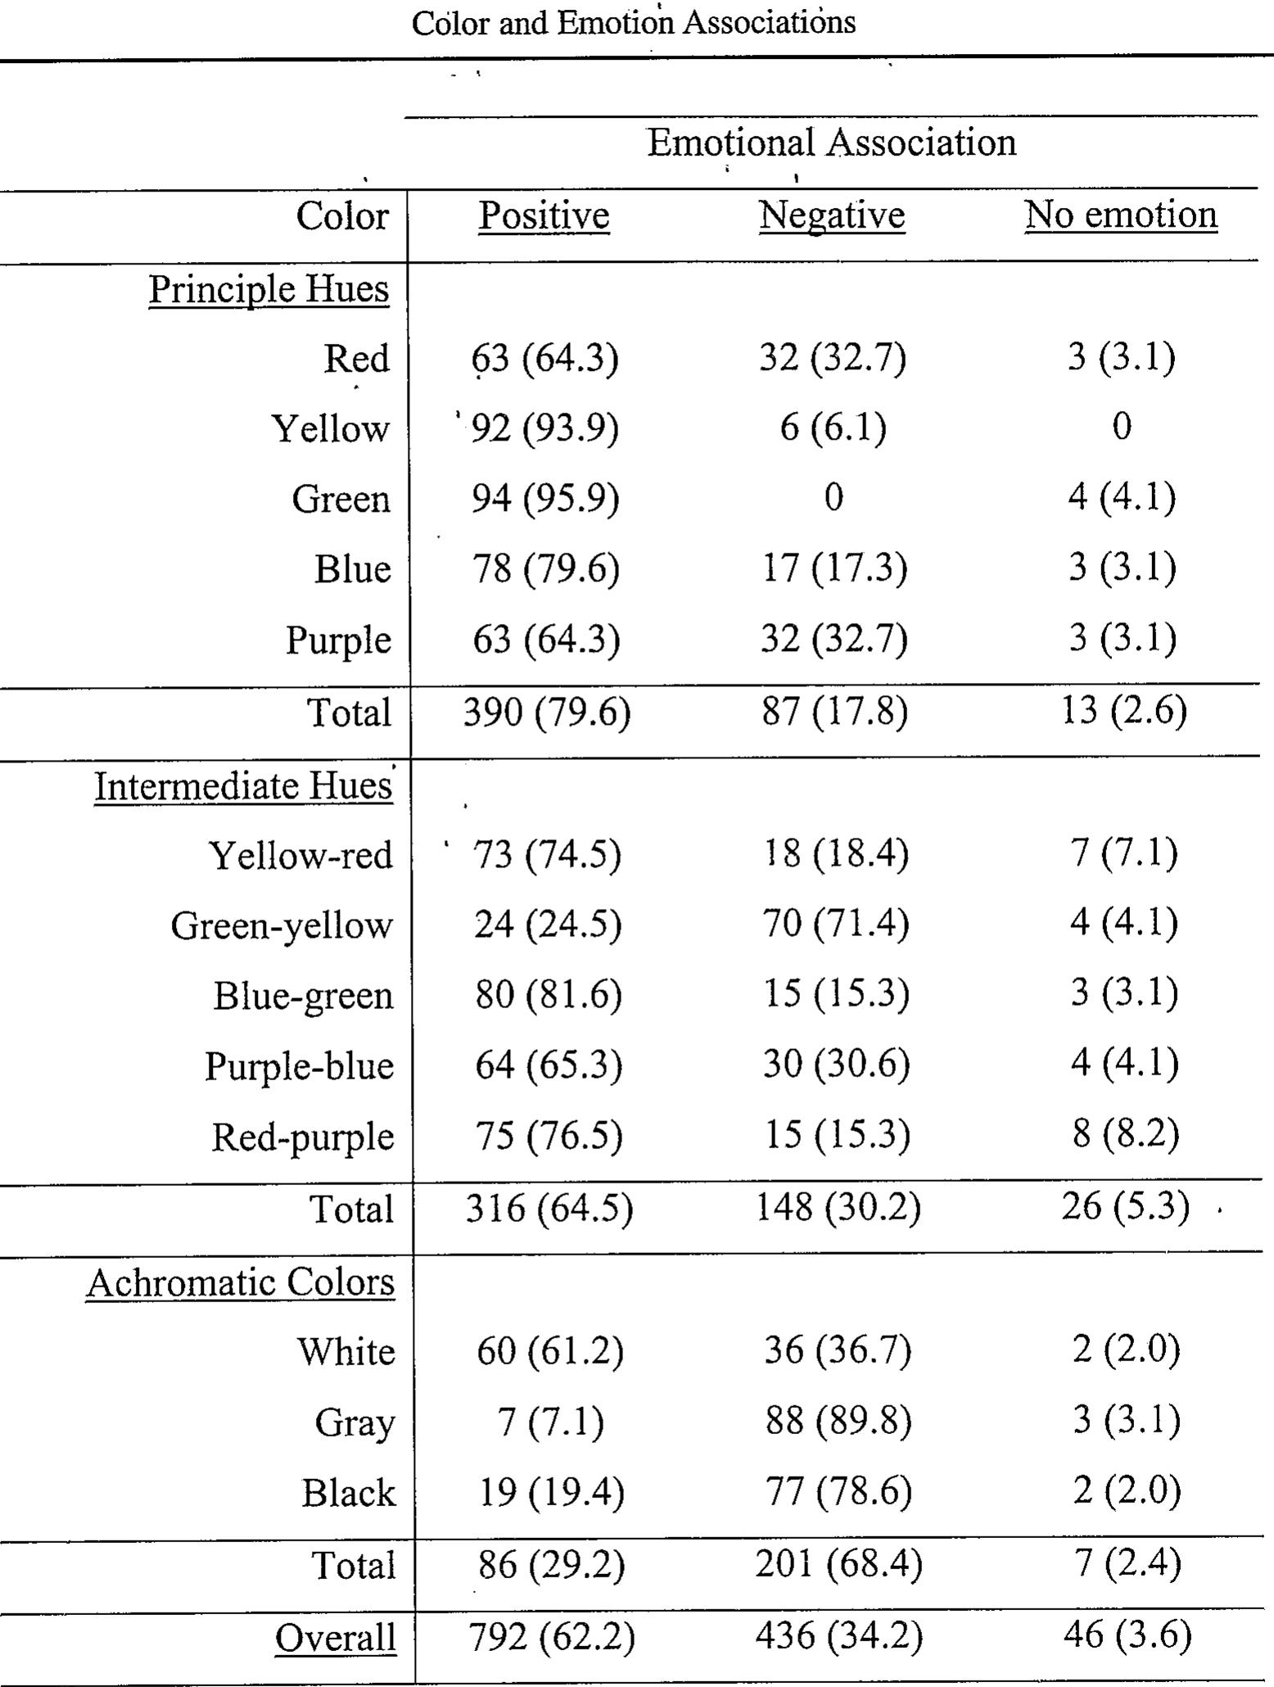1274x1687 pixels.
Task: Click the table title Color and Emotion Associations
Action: coord(634,22)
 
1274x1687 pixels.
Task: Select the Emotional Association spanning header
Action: coord(832,142)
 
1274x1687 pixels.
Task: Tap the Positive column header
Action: coord(544,215)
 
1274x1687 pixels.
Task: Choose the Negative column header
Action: coord(832,215)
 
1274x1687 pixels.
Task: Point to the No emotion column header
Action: coord(1121,215)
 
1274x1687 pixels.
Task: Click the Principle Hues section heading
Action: coord(269,288)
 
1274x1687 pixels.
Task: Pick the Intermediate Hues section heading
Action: coord(243,785)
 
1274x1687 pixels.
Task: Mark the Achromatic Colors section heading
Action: coord(240,1282)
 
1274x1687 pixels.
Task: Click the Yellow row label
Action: coord(330,428)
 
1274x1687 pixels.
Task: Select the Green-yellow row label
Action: coord(282,925)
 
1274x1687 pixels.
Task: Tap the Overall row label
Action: coord(336,1638)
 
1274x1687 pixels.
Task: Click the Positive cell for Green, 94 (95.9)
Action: coord(545,498)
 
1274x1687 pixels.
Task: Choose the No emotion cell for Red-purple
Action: coord(1125,1134)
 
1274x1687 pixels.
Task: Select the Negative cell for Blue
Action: coord(834,568)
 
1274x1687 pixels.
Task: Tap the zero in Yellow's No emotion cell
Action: coord(1122,427)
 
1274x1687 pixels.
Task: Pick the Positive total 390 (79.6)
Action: coord(547,712)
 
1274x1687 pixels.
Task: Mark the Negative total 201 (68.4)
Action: coord(838,1564)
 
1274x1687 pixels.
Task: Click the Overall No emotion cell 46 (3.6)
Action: coord(1127,1635)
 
